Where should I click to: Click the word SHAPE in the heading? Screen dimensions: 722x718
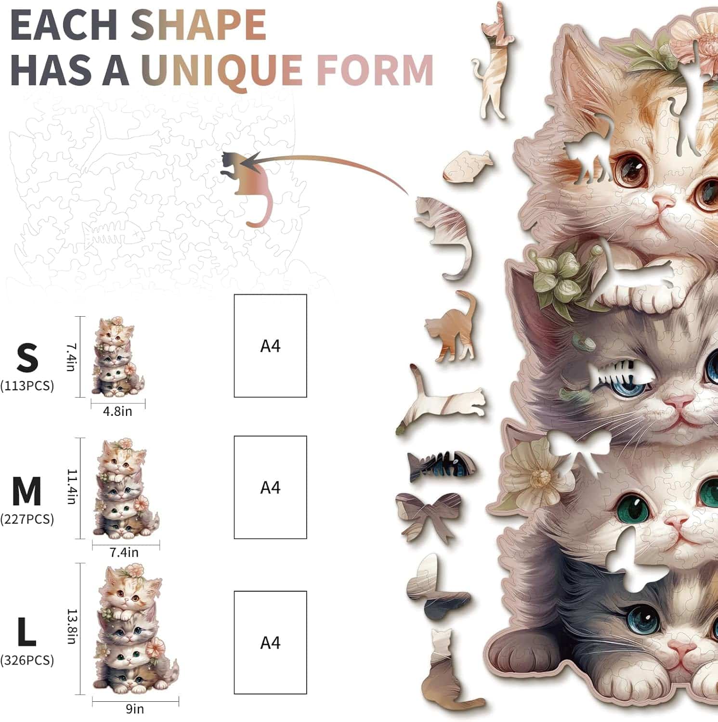pos(198,25)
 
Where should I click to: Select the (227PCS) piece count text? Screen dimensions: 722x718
pos(27,519)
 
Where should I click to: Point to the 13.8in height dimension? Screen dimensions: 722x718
pos(72,626)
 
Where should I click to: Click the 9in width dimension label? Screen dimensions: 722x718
pos(135,709)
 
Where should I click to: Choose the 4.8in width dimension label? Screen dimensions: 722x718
pos(117,412)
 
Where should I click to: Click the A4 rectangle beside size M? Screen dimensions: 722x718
pos(270,487)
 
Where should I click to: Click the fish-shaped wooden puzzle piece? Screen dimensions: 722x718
pos(467,165)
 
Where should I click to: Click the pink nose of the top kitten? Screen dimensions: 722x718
pos(664,204)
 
